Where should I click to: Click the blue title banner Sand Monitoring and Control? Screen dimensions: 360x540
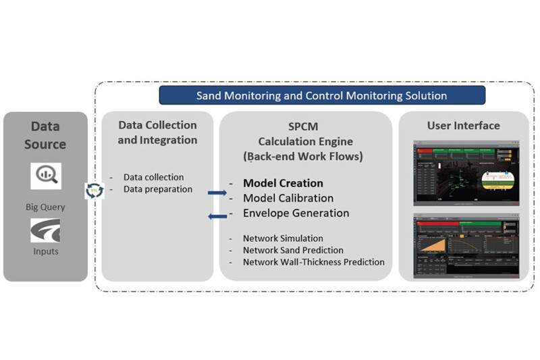[x=321, y=95]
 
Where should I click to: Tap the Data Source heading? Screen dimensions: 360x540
[x=45, y=135]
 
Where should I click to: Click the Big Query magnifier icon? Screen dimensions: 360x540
[x=45, y=176]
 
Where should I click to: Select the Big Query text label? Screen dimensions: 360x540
[x=45, y=207]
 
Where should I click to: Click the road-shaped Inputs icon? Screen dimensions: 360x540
[x=45, y=230]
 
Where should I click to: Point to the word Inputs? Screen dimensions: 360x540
[x=45, y=251]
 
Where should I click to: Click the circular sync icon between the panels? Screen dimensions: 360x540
[x=93, y=190]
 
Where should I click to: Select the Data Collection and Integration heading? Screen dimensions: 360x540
[x=157, y=132]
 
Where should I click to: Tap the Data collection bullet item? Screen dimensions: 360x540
[x=153, y=177]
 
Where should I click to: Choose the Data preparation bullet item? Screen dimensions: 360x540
[x=158, y=189]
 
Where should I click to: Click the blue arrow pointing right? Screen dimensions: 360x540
[x=217, y=192]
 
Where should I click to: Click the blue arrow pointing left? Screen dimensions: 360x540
[x=217, y=216]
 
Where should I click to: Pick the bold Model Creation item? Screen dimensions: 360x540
[x=283, y=183]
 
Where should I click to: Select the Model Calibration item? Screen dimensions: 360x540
[x=288, y=198]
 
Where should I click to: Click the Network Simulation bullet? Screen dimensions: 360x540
[x=283, y=238]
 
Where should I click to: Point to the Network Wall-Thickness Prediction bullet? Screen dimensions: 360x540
[x=313, y=262]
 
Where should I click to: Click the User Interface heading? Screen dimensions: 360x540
[x=463, y=126]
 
